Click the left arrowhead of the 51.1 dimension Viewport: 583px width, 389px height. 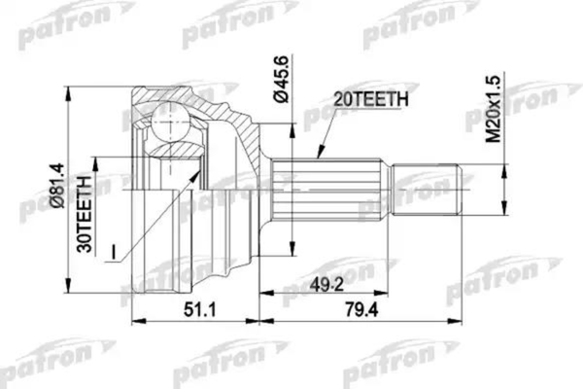tap(133, 318)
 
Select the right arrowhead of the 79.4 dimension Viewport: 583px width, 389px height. tap(457, 318)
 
